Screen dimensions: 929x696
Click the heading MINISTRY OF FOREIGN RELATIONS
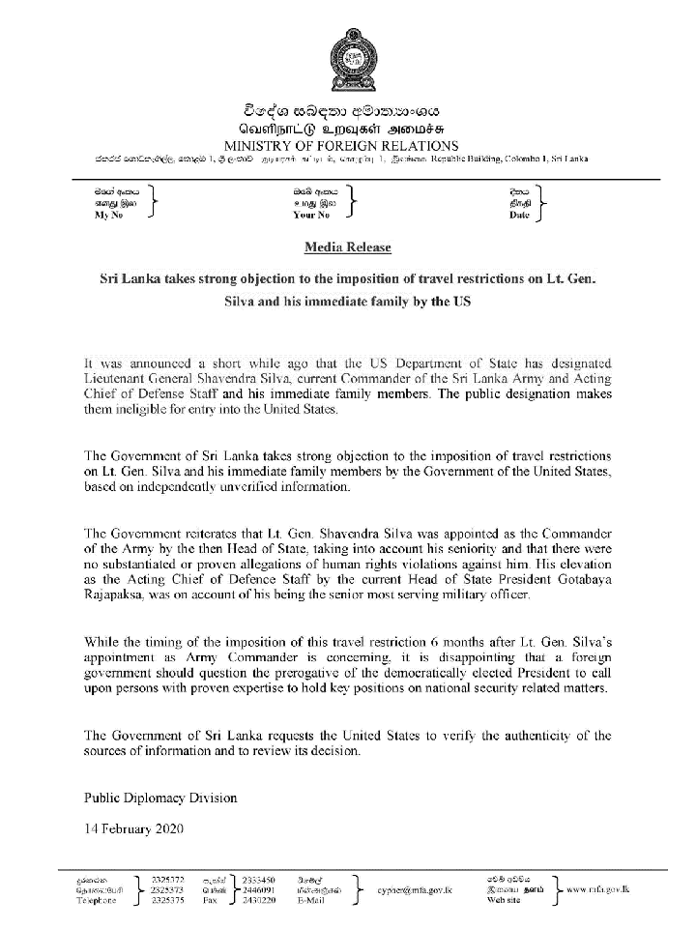click(348, 144)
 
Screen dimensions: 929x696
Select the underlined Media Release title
click(348, 247)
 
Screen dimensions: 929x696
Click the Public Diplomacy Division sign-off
click(159, 798)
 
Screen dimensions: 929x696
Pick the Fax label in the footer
click(209, 901)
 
